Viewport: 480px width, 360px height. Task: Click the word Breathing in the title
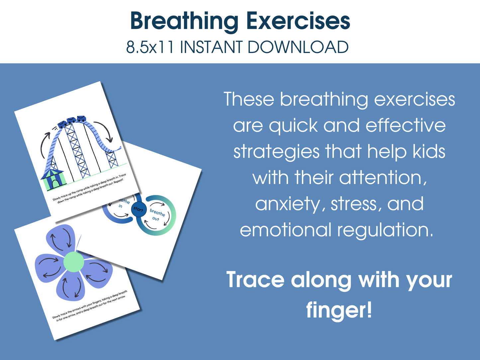tap(184, 21)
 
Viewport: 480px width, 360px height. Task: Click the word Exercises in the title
tap(298, 21)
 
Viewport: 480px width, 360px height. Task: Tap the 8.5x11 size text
tap(150, 47)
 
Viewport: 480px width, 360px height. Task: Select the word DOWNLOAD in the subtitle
tap(298, 47)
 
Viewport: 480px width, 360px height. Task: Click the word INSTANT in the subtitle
tap(211, 47)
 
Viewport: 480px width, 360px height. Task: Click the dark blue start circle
tap(138, 209)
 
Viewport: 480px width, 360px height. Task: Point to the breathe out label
tap(157, 215)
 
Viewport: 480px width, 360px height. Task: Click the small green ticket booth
tap(53, 179)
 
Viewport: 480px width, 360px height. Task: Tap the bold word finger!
tap(339, 310)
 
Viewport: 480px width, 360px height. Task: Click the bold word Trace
tap(255, 280)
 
